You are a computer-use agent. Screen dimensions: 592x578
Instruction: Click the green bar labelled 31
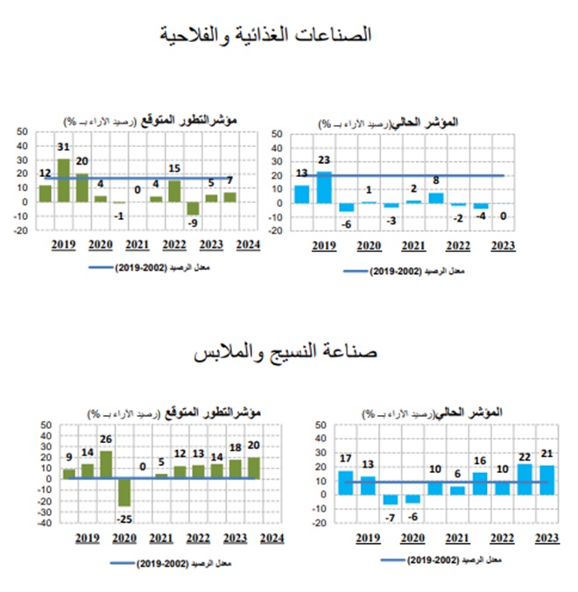(63, 180)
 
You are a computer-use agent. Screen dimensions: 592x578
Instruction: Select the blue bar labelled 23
(324, 187)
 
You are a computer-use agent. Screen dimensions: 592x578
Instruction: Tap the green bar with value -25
(124, 492)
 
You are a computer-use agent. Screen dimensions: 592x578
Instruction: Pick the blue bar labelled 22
(524, 479)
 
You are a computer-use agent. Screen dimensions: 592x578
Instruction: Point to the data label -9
(192, 223)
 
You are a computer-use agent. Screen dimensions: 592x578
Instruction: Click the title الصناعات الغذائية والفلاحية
(266, 35)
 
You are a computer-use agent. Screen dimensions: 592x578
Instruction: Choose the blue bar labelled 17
(345, 483)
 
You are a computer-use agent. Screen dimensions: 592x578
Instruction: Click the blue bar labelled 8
(435, 198)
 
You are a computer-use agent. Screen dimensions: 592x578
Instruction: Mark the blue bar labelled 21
(546, 480)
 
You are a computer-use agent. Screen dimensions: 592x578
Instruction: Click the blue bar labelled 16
(479, 483)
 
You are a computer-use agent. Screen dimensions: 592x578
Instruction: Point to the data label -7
(391, 517)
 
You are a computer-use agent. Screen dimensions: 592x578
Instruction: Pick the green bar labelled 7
(229, 197)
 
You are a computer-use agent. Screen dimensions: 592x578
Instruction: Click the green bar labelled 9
(69, 474)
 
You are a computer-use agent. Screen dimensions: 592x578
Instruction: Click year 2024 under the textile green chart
(271, 537)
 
